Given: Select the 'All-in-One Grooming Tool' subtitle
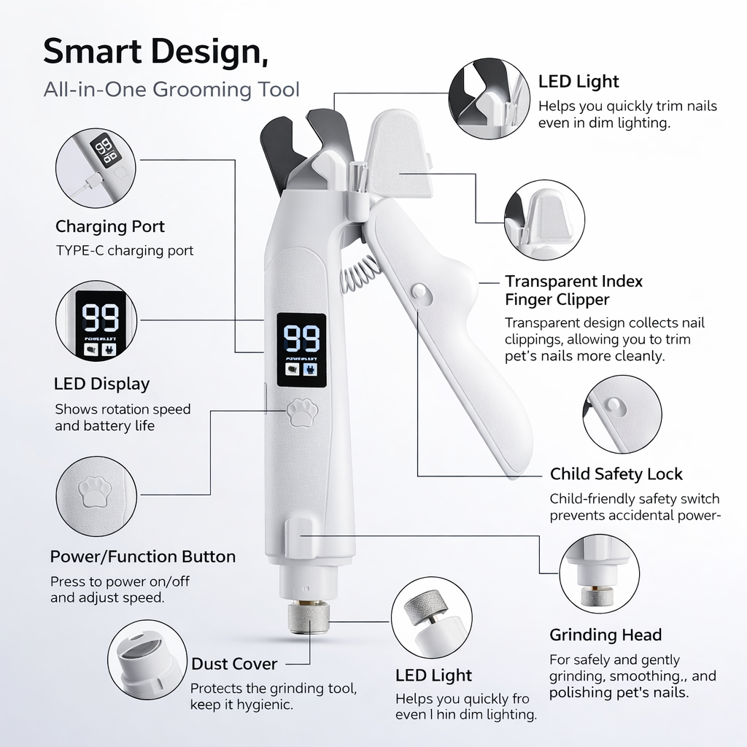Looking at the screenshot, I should [x=171, y=90].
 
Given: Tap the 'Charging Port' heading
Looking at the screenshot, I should [x=110, y=226].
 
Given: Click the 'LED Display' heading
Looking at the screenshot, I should [x=101, y=384].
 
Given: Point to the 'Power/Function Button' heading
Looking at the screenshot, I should [x=143, y=557].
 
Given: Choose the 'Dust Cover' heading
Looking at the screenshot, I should [x=234, y=664].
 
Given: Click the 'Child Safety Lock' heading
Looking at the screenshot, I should [x=616, y=474].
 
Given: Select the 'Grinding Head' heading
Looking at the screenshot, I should [x=605, y=635].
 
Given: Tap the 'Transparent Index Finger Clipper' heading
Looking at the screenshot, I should [x=573, y=290].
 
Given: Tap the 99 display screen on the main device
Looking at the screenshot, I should [x=301, y=349].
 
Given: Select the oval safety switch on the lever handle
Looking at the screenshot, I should [x=421, y=292].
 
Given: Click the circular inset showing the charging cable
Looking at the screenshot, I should [x=96, y=169].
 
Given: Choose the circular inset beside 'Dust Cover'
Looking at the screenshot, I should [x=146, y=661].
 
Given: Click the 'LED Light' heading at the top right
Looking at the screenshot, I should [x=578, y=82].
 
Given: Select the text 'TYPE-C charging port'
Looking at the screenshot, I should [x=125, y=251].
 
